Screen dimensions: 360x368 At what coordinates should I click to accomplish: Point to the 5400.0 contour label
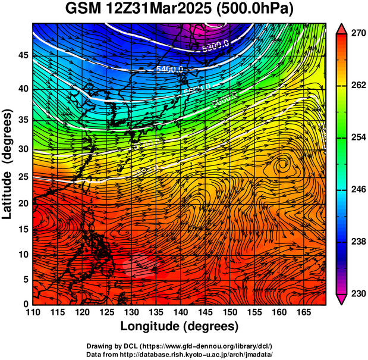click(x=169, y=70)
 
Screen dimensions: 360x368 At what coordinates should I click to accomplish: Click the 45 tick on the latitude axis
click(x=23, y=55)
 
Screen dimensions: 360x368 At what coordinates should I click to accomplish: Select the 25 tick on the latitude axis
click(x=23, y=177)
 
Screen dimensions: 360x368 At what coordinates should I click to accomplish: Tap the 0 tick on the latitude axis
click(x=26, y=304)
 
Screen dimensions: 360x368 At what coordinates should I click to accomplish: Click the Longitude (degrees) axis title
click(x=180, y=327)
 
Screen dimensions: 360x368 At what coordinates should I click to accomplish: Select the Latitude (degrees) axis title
click(x=8, y=163)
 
